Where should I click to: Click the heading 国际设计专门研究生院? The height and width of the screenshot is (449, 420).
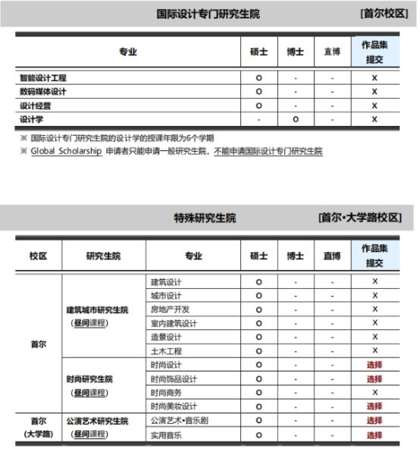pyautogui.click(x=208, y=14)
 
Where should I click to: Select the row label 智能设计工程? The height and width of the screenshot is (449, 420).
pyautogui.click(x=43, y=78)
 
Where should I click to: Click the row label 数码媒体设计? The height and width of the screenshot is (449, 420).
pyautogui.click(x=43, y=92)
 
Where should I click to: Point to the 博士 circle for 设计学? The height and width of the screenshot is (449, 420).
pyautogui.click(x=296, y=119)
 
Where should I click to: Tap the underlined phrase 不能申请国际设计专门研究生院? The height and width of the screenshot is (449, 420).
pyautogui.click(x=268, y=152)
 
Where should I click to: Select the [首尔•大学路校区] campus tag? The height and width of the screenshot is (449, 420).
pyautogui.click(x=359, y=218)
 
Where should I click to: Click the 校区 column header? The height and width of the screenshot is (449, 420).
pyautogui.click(x=39, y=256)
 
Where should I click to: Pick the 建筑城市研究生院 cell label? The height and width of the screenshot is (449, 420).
pyautogui.click(x=97, y=310)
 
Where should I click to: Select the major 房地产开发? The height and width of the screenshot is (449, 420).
pyautogui.click(x=170, y=309)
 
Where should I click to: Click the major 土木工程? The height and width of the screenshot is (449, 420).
pyautogui.click(x=166, y=350)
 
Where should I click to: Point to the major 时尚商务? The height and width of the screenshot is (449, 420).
pyautogui.click(x=166, y=392)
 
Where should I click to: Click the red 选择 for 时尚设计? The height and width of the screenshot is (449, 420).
pyautogui.click(x=375, y=365)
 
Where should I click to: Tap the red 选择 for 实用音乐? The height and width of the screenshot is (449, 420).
pyautogui.click(x=375, y=435)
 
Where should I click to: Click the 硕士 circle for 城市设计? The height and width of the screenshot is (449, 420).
pyautogui.click(x=259, y=296)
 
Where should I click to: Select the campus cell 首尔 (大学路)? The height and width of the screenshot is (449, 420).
pyautogui.click(x=39, y=427)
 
